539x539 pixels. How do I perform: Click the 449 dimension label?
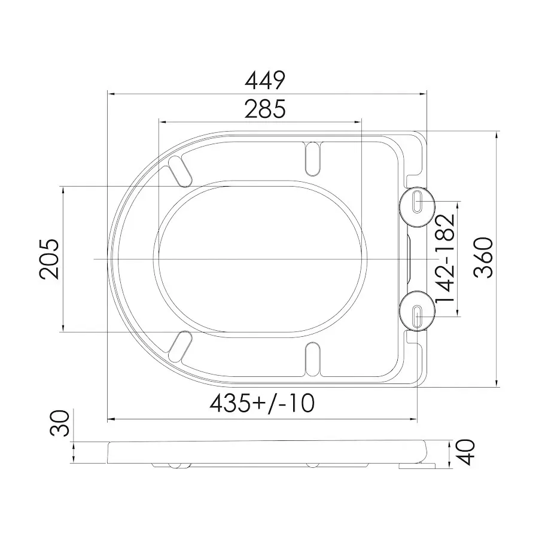click(265, 80)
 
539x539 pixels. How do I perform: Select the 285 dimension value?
click(265, 109)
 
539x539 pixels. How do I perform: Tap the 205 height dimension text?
click(49, 259)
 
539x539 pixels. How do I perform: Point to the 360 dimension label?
click(483, 257)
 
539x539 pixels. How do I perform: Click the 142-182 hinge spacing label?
click(446, 258)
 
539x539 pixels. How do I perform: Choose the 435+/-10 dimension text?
click(262, 403)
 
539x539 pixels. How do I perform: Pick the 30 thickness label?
click(59, 423)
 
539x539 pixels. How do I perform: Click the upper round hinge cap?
click(418, 206)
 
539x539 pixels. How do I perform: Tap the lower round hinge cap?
click(418, 310)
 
